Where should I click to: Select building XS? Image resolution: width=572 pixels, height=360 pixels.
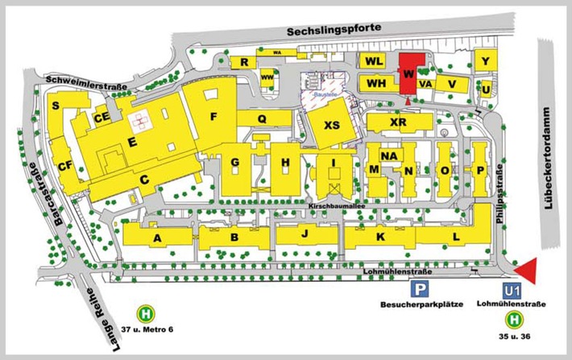coord(331,126)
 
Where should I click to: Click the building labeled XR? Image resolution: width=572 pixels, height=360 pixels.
coord(397,122)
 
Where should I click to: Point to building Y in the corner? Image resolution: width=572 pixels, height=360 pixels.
coord(485,61)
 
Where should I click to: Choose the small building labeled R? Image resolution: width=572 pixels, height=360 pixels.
coord(241,62)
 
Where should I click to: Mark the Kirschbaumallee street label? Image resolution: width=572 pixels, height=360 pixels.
coord(338,207)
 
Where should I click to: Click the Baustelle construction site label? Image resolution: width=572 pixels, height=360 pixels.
coord(324,94)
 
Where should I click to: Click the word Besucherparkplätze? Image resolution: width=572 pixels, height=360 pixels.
coord(417,306)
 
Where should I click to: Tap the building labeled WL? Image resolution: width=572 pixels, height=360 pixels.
coord(373,61)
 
